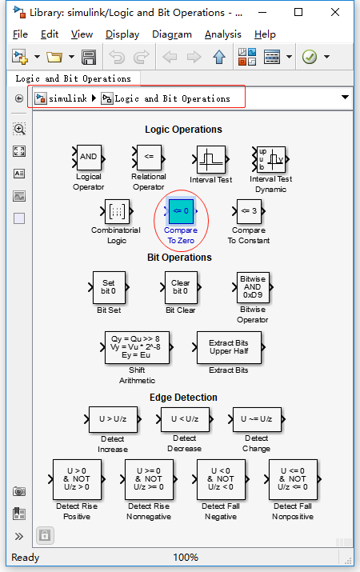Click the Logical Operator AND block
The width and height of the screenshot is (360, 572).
89,157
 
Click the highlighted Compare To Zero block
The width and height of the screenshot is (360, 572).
181,211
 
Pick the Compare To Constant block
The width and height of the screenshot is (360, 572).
249,211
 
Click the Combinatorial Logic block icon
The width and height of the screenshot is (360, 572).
117,211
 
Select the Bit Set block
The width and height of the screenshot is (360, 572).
109,287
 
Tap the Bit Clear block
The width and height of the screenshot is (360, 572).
181,287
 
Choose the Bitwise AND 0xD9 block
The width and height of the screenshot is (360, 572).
253,287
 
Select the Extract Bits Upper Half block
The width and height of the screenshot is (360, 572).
228,348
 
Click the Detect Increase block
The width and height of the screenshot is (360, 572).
113,418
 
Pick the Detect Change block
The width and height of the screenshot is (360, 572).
257,418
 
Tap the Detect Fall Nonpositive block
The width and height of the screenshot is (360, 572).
293,480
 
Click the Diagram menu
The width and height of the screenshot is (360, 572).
171,34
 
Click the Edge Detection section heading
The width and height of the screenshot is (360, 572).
183,398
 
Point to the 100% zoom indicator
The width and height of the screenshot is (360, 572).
186,557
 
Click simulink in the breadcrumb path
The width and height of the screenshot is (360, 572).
67,98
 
